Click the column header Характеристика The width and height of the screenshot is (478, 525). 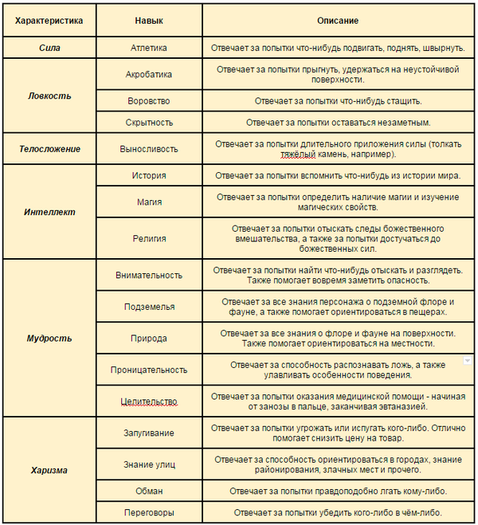[49, 19]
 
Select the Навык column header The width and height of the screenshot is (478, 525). [149, 19]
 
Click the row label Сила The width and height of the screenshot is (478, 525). [49, 48]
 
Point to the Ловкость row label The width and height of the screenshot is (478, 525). [49, 96]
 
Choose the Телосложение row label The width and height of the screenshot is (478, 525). [49, 148]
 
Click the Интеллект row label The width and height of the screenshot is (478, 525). [49, 213]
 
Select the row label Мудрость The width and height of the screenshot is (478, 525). [49, 338]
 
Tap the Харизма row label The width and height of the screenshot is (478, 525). [49, 470]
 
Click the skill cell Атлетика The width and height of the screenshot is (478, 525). [149, 48]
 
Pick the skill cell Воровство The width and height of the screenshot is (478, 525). [149, 101]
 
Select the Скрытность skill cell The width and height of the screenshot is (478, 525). [149, 123]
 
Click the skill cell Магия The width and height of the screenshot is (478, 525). [149, 202]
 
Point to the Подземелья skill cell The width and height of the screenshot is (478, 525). [149, 307]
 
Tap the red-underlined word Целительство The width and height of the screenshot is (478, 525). [149, 401]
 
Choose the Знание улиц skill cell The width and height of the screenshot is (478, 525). [149, 464]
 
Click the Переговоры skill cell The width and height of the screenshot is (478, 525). [149, 512]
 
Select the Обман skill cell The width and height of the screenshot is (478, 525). [149, 491]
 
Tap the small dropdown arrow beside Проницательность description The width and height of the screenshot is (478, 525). [468, 361]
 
